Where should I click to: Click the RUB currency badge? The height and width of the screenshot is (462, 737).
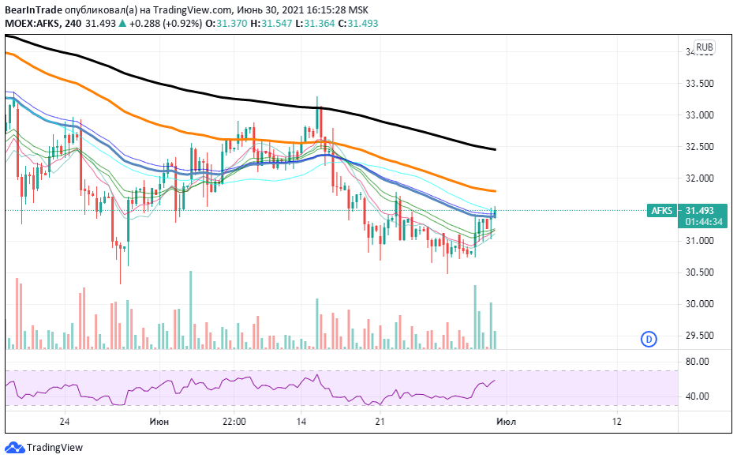click(705, 47)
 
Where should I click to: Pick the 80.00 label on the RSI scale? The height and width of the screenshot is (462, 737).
click(698, 362)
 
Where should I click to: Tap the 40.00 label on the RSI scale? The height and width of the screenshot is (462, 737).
click(698, 396)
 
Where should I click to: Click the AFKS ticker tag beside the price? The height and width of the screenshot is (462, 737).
click(662, 211)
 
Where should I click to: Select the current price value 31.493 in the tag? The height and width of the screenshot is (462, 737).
click(700, 211)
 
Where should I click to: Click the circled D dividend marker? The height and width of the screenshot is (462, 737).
click(648, 340)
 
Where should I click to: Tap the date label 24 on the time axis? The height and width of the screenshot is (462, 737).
click(65, 422)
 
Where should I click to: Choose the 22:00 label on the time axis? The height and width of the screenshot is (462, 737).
click(234, 422)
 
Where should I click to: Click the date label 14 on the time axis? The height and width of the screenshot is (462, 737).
click(301, 422)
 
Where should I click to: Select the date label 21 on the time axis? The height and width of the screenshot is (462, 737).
click(380, 422)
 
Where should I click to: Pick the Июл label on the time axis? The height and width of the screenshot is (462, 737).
click(506, 422)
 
